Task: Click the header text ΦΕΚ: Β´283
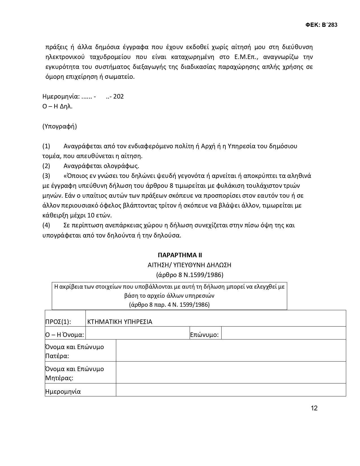[321, 25]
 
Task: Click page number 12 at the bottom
[314, 408]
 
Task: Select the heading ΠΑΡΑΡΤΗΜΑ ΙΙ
[180, 255]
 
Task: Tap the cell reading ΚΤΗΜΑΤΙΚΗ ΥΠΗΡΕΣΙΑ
[120, 322]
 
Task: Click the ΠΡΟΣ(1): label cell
[58, 322]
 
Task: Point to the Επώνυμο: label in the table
[204, 335]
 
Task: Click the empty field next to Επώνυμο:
[283, 333]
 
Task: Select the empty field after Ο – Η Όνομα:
[137, 333]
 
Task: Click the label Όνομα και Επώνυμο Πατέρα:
[75, 351]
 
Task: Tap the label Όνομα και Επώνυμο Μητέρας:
[75, 373]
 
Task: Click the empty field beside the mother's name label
[231, 373]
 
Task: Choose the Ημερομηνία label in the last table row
[63, 391]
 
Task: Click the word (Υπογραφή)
[60, 126]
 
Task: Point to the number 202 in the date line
[119, 97]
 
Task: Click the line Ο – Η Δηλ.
[57, 106]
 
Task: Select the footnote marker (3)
[46, 176]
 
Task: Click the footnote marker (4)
[46, 225]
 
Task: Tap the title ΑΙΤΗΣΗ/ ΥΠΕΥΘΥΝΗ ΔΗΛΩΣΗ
[189, 265]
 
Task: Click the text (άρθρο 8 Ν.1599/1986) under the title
[189, 275]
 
